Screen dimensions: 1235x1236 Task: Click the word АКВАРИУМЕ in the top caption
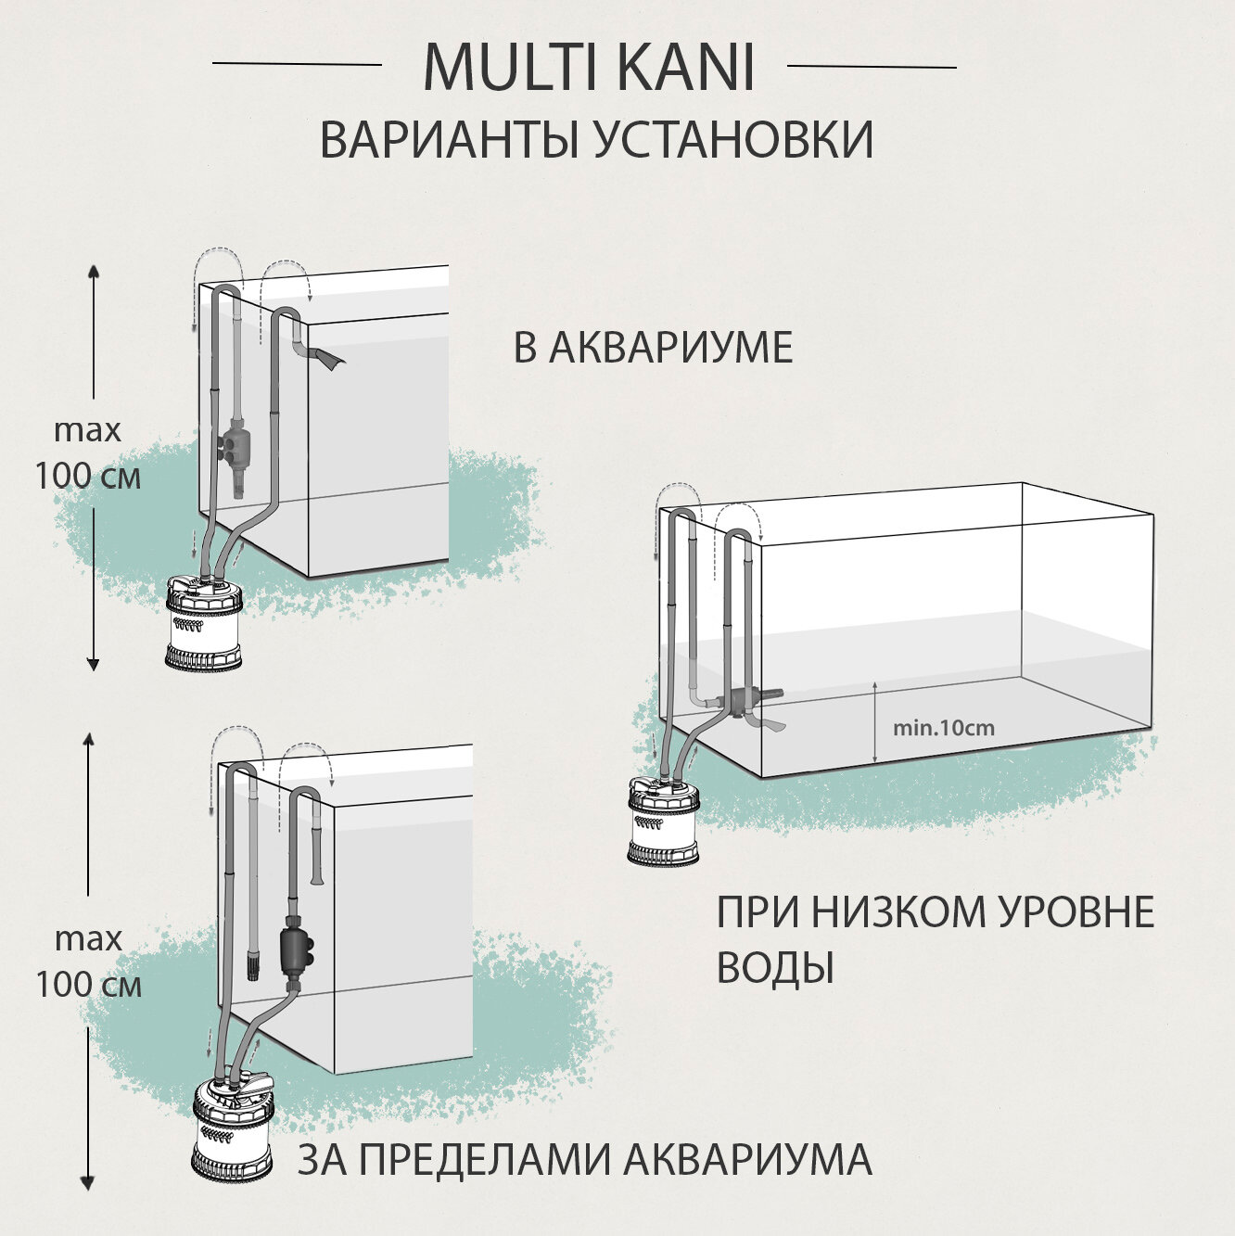671,349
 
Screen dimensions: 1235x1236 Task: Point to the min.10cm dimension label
943,728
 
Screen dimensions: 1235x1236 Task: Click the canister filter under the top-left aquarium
203,622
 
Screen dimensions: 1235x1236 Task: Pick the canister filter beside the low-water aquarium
663,822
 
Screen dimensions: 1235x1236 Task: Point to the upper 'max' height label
88,430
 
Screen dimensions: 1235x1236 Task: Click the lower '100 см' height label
89,984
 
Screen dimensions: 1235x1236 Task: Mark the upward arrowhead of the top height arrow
93,271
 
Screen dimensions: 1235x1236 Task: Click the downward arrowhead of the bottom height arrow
88,1183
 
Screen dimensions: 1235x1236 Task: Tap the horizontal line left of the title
297,64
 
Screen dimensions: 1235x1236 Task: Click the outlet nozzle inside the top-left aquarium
325,357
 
